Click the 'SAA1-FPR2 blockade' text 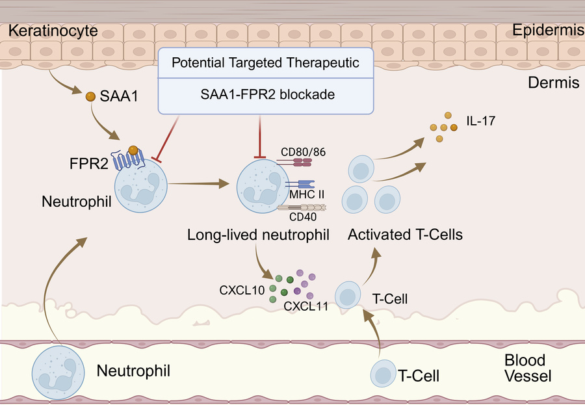(x=266, y=94)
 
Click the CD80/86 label (x=303, y=152)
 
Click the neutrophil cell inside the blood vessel (x=58, y=371)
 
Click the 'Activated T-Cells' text (x=405, y=235)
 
